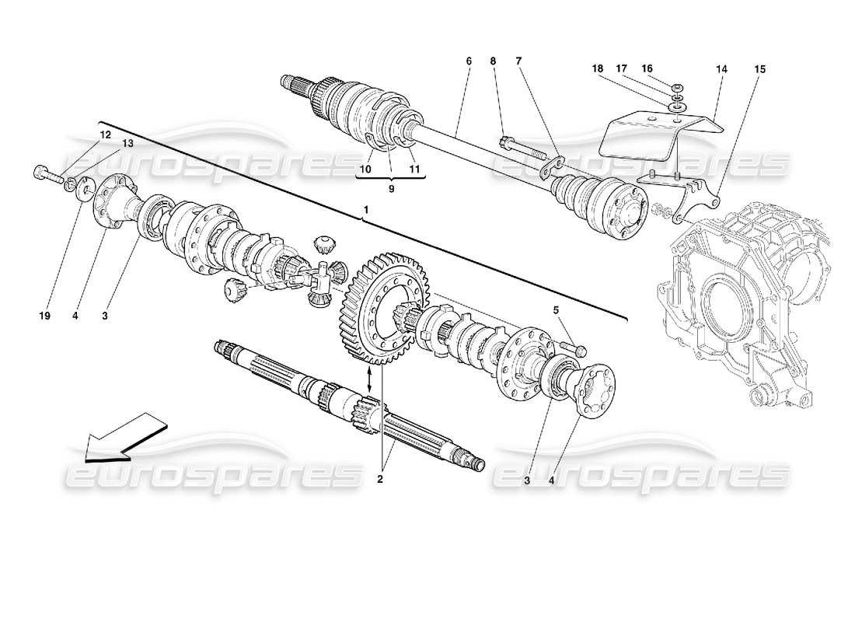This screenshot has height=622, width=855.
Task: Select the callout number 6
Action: click(469, 60)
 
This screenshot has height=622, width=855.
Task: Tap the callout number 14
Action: click(722, 69)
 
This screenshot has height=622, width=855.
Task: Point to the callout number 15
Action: click(759, 69)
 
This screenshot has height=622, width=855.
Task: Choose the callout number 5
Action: click(556, 311)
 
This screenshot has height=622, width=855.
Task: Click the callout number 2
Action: click(380, 479)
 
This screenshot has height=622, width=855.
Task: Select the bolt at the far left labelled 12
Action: click(47, 173)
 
